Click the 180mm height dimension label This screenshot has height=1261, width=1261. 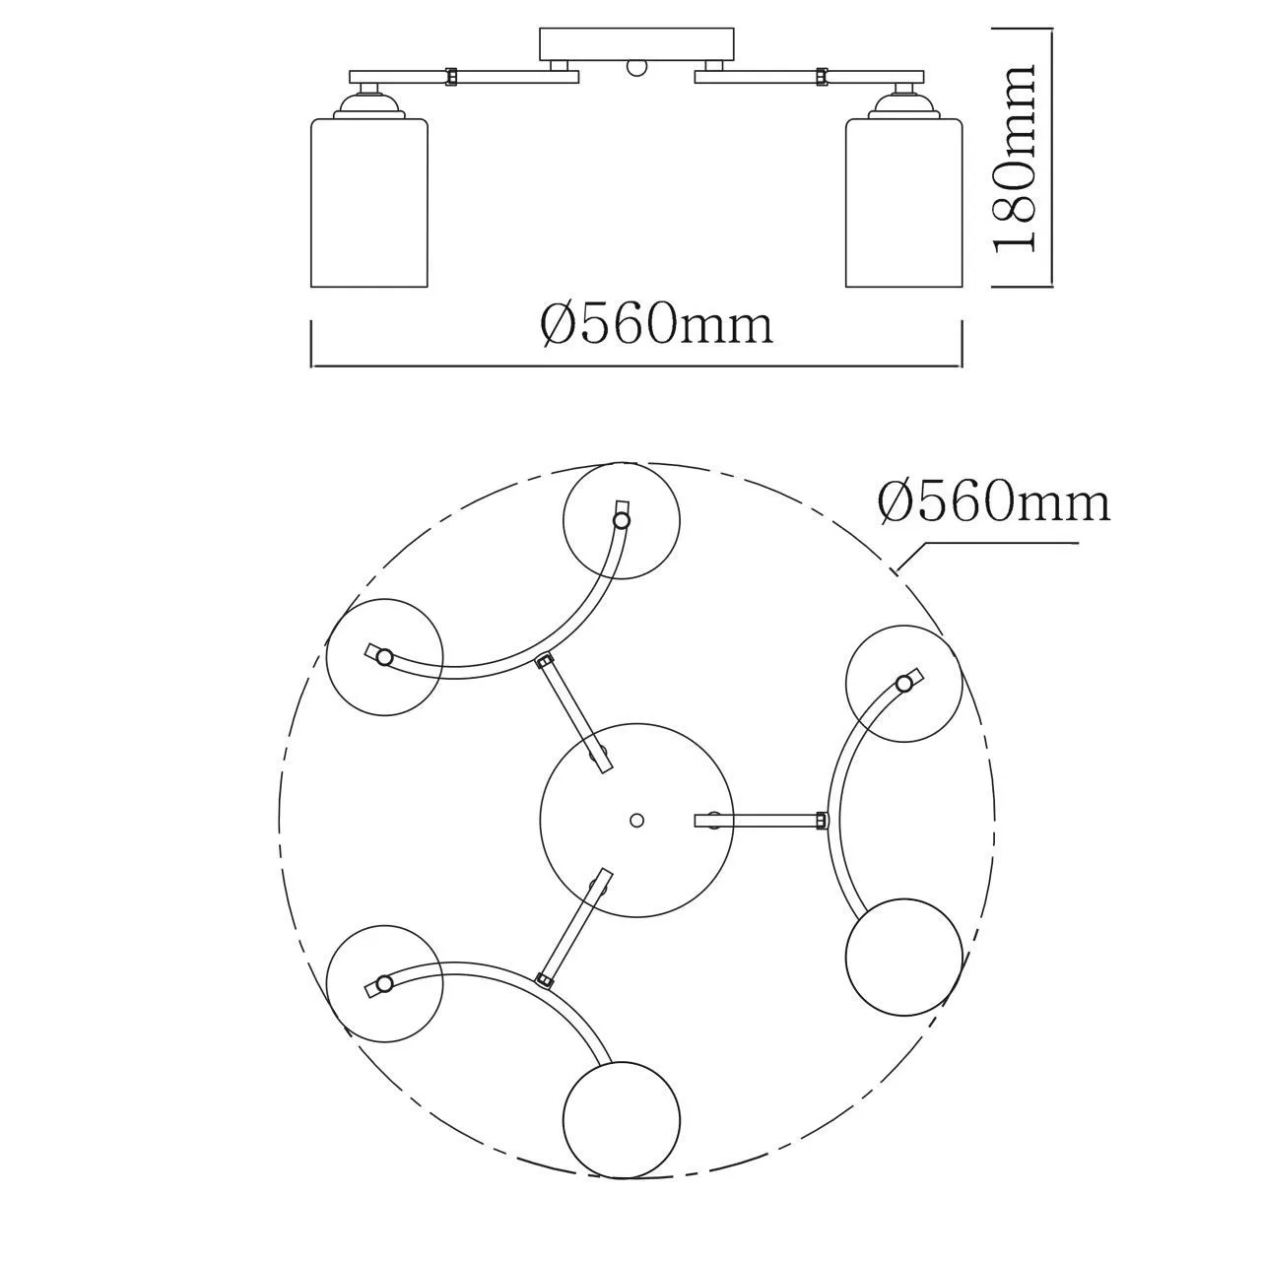point(1014,157)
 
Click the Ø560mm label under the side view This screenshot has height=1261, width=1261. point(656,324)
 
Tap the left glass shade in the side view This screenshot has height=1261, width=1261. point(369,203)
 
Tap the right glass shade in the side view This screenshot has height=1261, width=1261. point(904,203)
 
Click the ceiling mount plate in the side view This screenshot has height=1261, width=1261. point(636,44)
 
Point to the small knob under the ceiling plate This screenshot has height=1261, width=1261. point(636,68)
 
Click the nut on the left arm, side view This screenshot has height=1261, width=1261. point(450,77)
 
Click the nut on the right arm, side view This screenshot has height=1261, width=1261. point(821,77)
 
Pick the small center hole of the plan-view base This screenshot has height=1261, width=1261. point(636,820)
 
